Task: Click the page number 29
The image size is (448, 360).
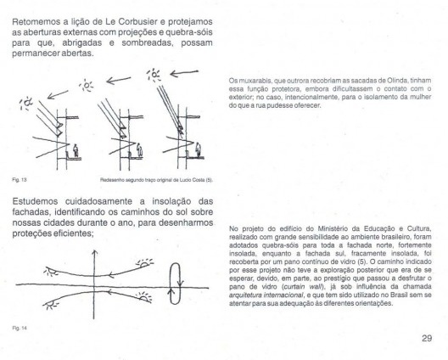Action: point(427,338)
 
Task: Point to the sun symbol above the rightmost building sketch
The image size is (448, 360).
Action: point(154,75)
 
